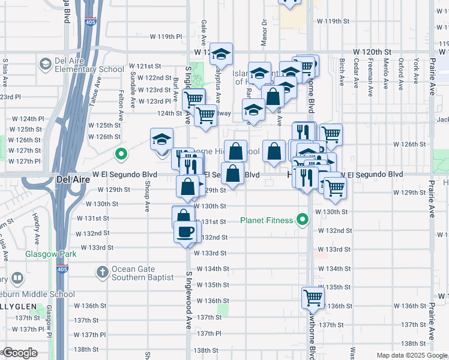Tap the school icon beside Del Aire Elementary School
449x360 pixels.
point(46,64)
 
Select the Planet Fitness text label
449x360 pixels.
point(267,220)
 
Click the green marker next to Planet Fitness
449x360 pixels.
point(303,220)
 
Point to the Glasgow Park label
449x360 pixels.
point(51,254)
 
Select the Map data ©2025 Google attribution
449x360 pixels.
point(411,355)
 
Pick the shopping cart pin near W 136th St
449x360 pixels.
point(313,297)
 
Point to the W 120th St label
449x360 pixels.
point(372,53)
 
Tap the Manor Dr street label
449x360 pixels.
point(264,32)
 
